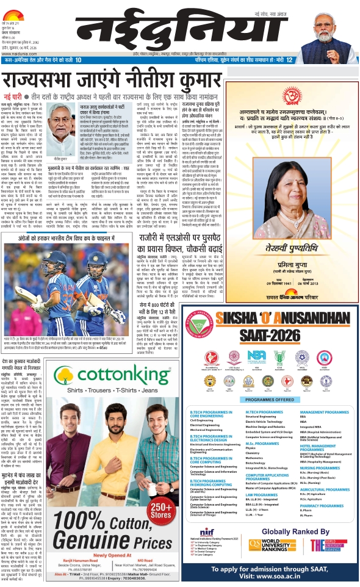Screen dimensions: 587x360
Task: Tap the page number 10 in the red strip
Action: tap(79, 59)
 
